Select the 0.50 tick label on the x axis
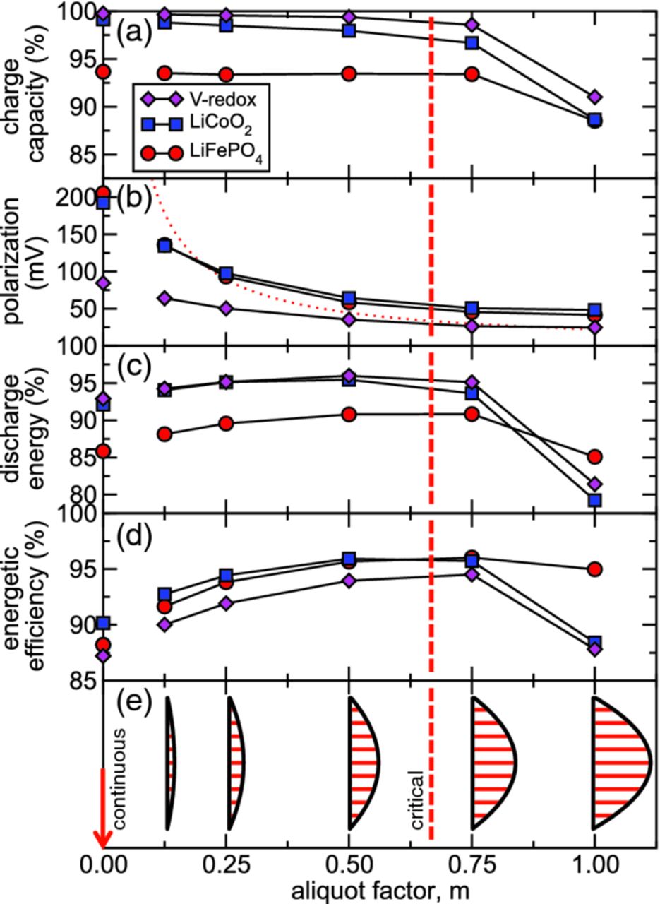349,864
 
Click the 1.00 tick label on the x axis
594,864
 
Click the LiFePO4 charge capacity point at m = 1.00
594,121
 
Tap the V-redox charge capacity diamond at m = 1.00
594,97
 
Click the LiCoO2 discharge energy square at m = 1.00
594,500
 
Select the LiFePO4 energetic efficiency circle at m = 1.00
594,569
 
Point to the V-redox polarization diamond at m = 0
103,283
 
